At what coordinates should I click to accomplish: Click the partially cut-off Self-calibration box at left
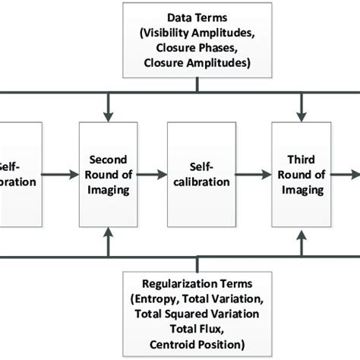[17, 175]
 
